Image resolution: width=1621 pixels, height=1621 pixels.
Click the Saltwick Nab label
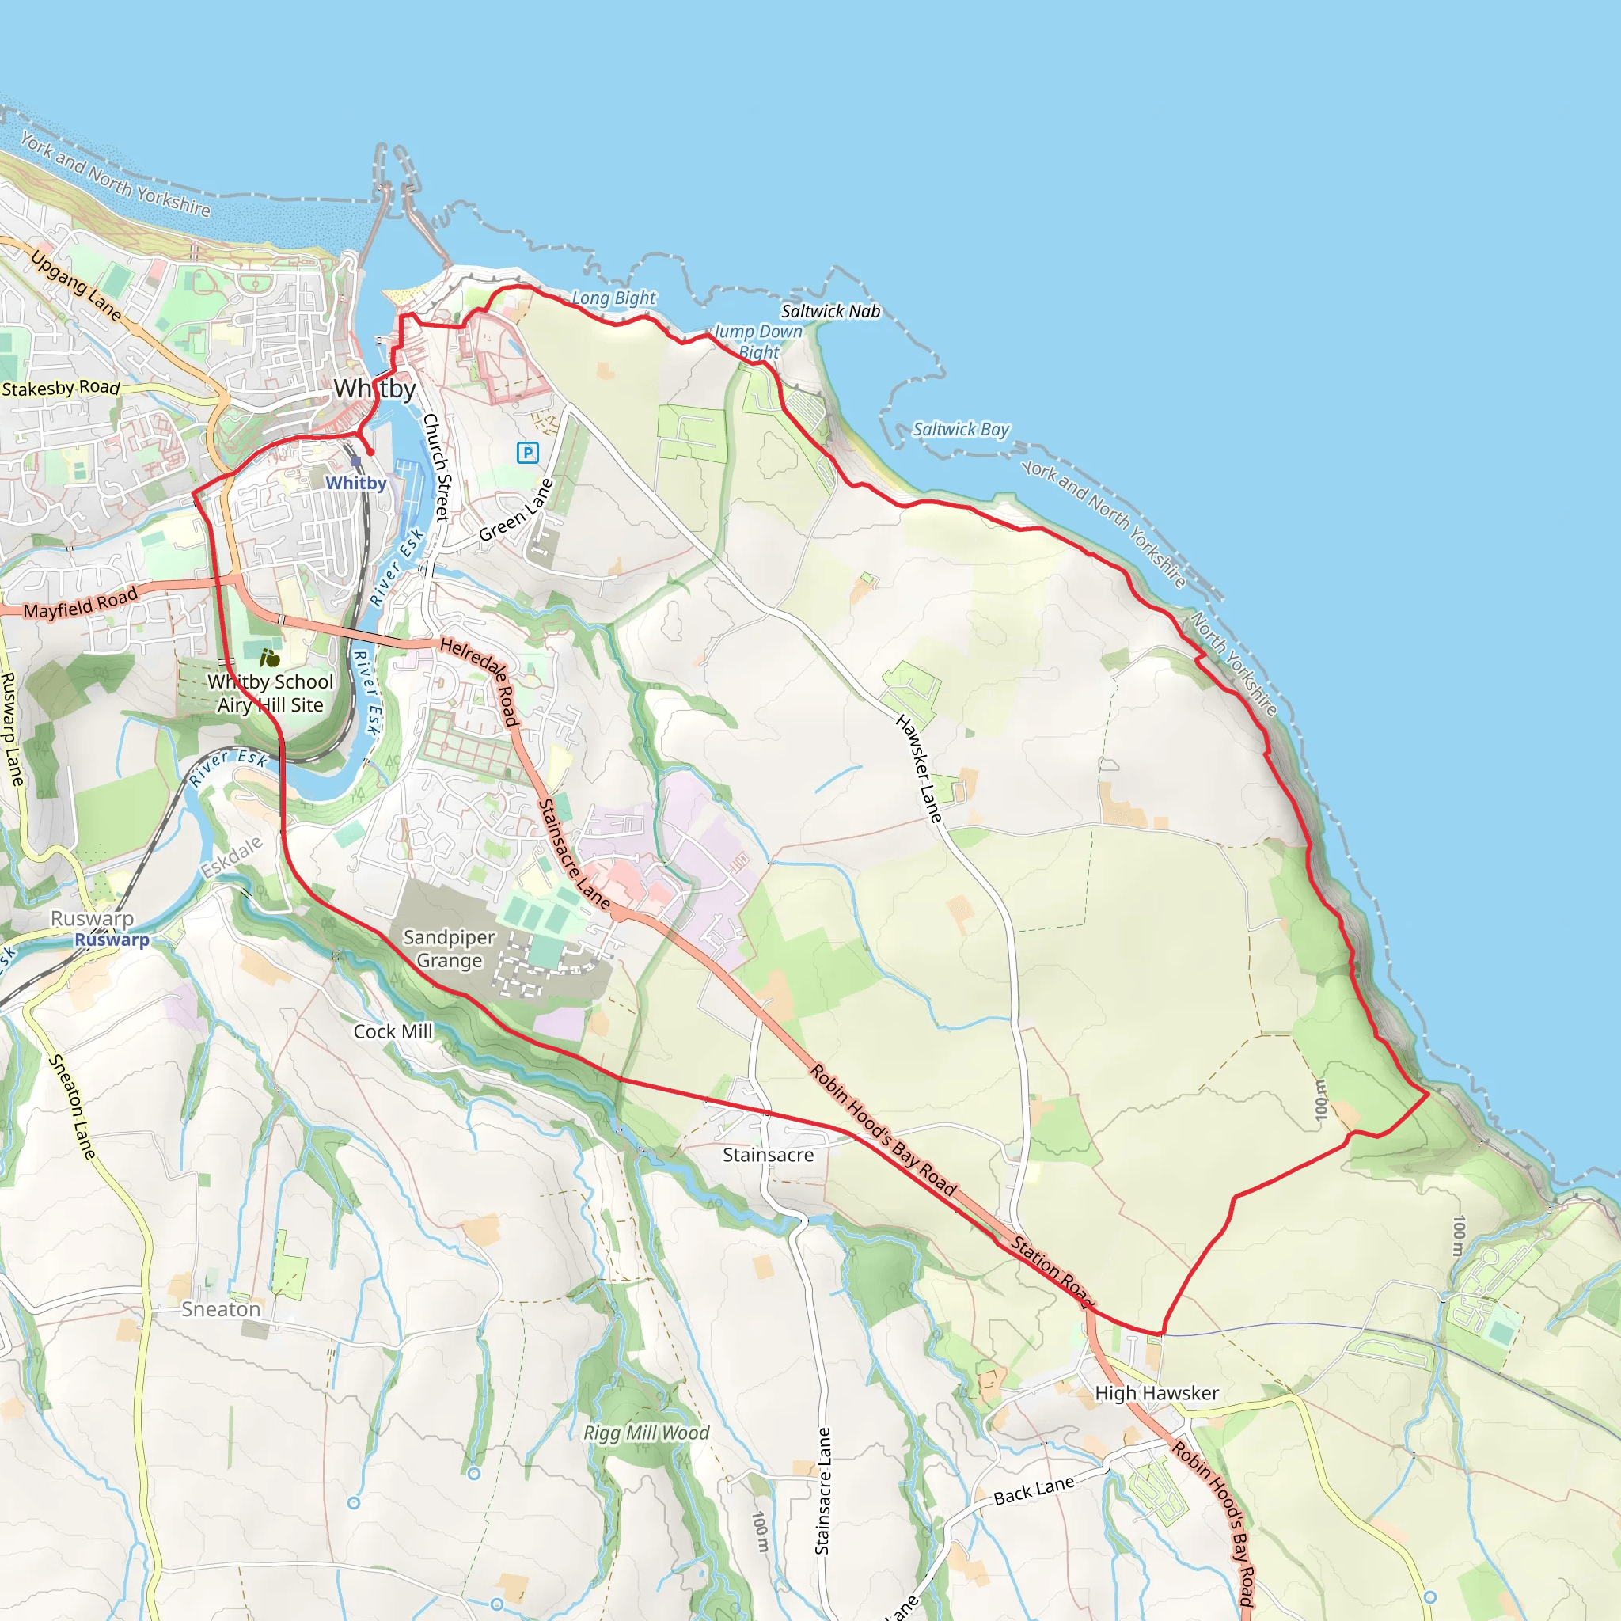pos(830,311)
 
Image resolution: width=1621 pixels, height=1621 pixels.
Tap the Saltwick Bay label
pos(961,430)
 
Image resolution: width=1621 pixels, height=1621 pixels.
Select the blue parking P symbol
pos(527,453)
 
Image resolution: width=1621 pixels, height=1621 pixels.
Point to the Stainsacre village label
pos(768,1156)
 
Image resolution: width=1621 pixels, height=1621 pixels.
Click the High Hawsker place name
pos(1156,1393)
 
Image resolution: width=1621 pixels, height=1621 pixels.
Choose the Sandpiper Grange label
pos(449,949)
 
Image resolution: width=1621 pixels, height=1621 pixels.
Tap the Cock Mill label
pos(393,1032)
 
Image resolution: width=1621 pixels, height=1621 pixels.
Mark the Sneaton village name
pos(221,1310)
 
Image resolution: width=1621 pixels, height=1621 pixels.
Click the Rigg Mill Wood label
pos(646,1433)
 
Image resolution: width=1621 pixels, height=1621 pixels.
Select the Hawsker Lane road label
pos(919,768)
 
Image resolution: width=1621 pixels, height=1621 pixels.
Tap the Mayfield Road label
pos(80,603)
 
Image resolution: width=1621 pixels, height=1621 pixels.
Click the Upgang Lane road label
pos(76,285)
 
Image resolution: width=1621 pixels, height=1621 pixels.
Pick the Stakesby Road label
pos(60,389)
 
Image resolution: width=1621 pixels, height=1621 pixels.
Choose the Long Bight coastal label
pos(613,298)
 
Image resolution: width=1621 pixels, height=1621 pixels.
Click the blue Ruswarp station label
pos(112,940)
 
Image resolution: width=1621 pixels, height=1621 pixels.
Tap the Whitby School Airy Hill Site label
pos(270,693)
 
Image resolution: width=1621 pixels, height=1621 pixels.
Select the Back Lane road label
pos(1034,1491)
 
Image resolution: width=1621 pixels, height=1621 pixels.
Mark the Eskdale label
pos(232,856)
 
